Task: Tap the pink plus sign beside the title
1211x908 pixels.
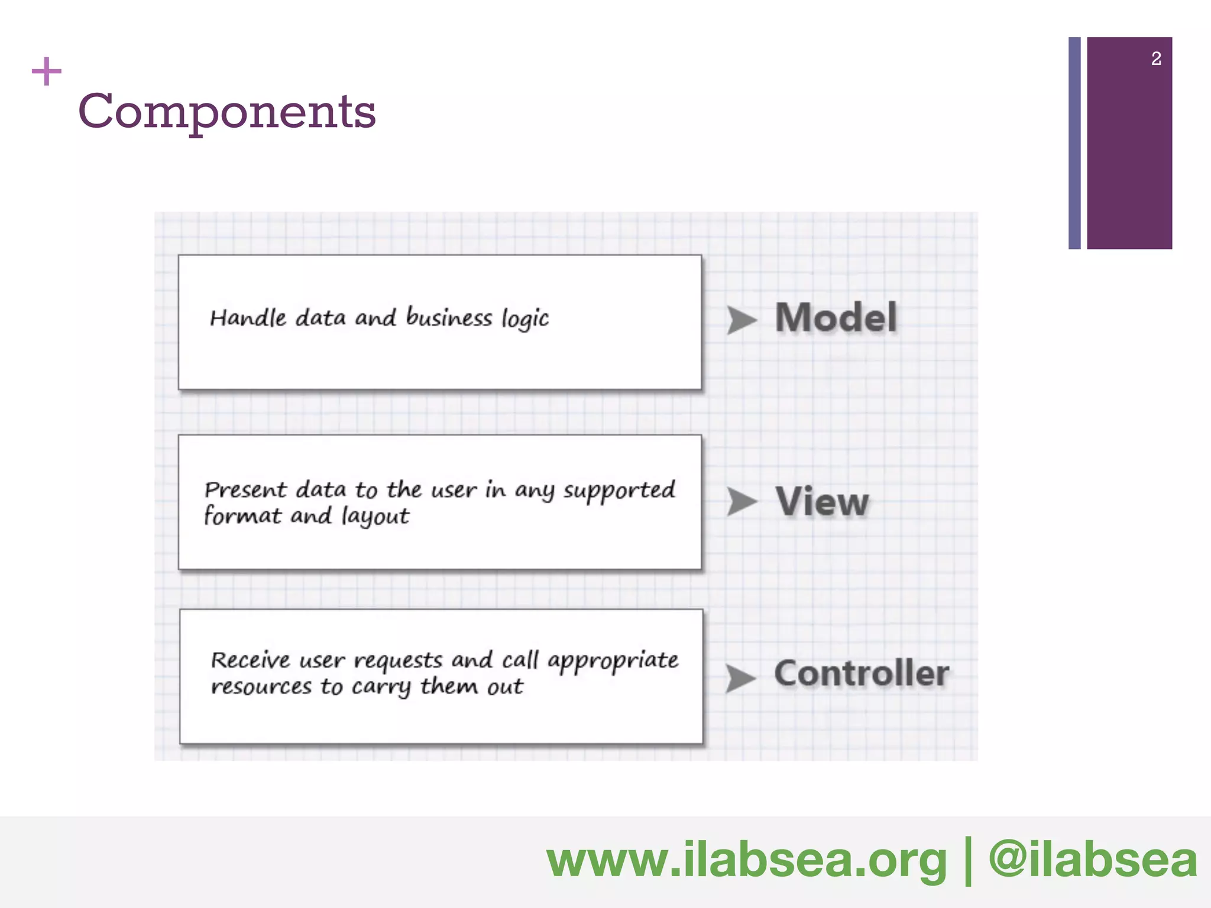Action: (x=46, y=72)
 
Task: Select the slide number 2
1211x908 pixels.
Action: (x=1156, y=59)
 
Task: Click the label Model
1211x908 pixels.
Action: (x=836, y=317)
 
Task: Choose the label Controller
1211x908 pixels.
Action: (x=861, y=673)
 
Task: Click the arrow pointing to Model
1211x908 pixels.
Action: (x=741, y=320)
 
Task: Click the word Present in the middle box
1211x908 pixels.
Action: (x=245, y=490)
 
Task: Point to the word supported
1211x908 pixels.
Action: (x=619, y=491)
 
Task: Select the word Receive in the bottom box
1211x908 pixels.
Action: (x=251, y=660)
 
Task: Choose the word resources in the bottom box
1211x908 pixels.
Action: (x=261, y=686)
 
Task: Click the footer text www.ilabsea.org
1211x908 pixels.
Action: (x=746, y=860)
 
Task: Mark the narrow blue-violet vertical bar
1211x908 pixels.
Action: (x=1074, y=143)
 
